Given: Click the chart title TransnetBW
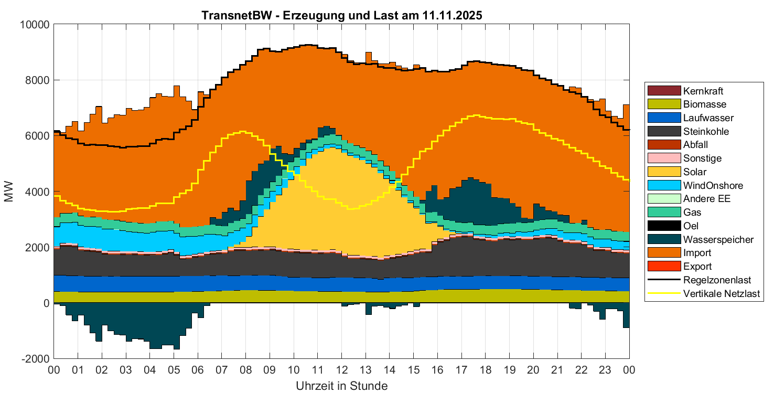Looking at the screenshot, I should coord(236,15).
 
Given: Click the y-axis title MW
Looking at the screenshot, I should coord(9,192).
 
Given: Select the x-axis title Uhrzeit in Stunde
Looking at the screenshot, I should coord(341,387).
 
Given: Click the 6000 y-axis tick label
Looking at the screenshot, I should coord(39,136).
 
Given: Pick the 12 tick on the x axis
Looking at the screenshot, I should coord(342,370).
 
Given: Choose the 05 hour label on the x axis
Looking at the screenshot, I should coord(174,370).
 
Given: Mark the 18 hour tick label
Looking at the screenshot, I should coord(486,370).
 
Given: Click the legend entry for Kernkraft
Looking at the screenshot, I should coord(703,91).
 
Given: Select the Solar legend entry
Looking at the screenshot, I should coord(694,172).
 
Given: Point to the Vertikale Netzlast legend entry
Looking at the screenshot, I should coord(722,294).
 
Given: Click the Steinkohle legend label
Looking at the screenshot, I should coord(706,132).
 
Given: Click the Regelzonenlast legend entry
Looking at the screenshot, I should coord(717,280).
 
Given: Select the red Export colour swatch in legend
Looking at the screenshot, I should coord(664,267).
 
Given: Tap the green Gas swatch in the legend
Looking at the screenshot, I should coord(664,213).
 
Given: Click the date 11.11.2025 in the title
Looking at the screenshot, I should coord(451,15).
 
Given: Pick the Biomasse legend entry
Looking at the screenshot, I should coord(705,104).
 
